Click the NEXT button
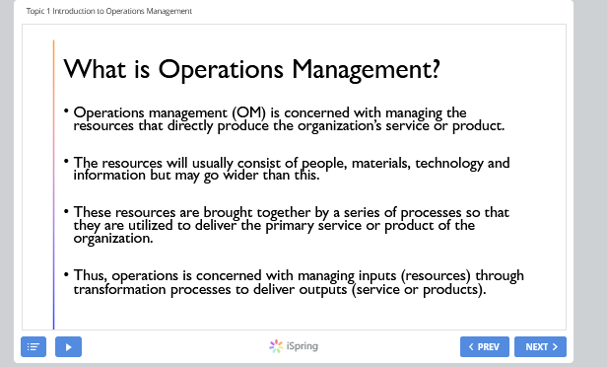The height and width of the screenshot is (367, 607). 540,346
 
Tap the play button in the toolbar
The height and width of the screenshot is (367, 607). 68,346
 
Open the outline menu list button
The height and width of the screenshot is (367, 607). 34,346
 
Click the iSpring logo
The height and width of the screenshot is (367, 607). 294,346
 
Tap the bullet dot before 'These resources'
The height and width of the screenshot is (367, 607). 66,211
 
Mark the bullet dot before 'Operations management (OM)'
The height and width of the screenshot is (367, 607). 66,111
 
